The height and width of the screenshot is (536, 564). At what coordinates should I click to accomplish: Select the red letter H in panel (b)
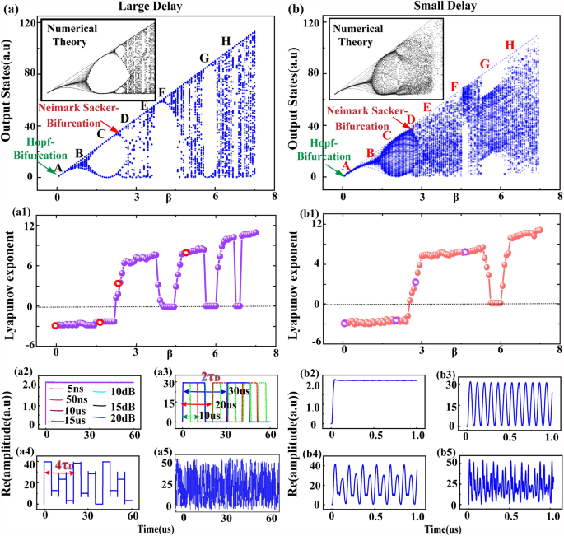(510, 44)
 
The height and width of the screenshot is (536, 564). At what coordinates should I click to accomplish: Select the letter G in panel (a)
(205, 58)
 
